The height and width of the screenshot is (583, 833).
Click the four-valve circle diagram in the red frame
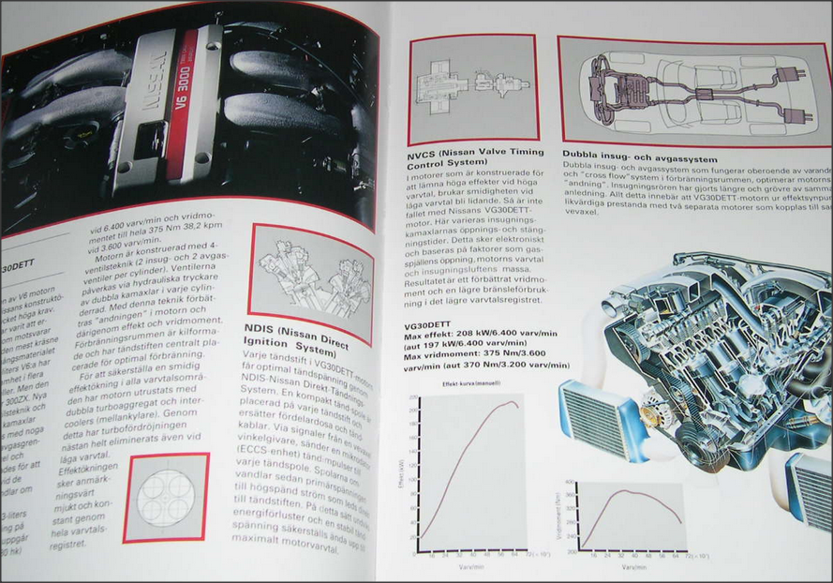point(166,497)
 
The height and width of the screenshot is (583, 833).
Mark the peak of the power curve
point(513,403)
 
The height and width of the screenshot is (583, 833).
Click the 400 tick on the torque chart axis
point(568,481)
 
